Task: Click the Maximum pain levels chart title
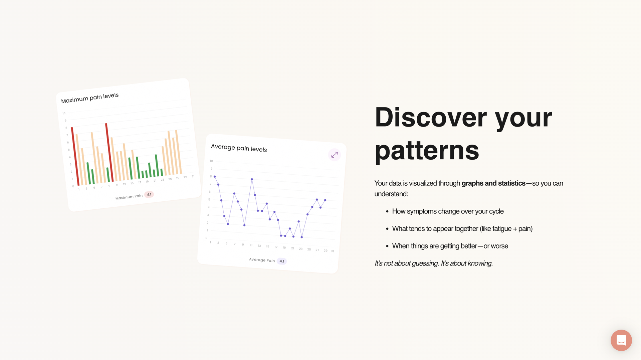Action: coord(90,98)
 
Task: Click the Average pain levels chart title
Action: coord(239,148)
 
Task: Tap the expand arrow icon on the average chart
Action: coord(334,155)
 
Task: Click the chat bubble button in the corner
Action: coord(621,340)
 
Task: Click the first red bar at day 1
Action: coord(75,156)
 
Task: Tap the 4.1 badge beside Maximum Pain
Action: coord(149,194)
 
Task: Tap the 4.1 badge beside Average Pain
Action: coord(282,261)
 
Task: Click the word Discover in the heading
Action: coord(431,118)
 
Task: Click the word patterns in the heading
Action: coord(427,150)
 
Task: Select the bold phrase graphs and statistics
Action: coord(493,183)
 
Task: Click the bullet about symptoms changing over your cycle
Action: coord(447,211)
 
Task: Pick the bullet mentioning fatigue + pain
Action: coord(462,229)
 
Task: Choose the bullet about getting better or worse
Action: coord(450,246)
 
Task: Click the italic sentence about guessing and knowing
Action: coord(433,263)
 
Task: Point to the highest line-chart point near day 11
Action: coord(252,179)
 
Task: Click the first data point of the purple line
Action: coord(215,177)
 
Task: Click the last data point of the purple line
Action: coord(325,200)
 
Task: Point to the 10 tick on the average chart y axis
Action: coord(211,161)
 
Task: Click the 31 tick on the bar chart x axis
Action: coord(193,176)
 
